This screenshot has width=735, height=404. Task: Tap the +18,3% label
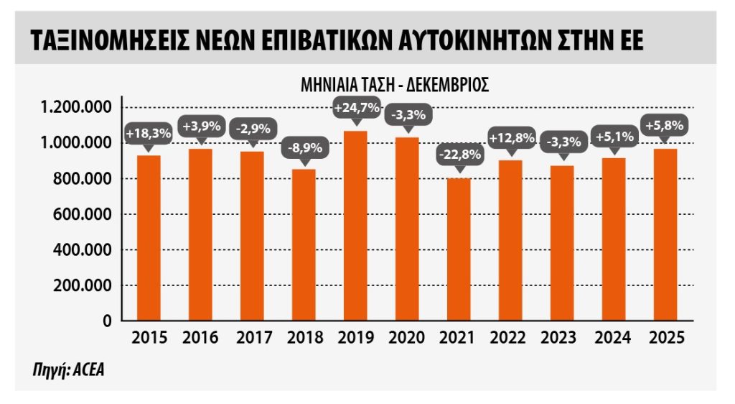pyautogui.click(x=148, y=133)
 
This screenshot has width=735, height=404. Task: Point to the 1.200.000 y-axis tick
pyautogui.click(x=76, y=108)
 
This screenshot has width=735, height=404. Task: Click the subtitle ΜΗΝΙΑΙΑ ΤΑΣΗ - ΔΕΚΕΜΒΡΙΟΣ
pyautogui.click(x=395, y=85)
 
